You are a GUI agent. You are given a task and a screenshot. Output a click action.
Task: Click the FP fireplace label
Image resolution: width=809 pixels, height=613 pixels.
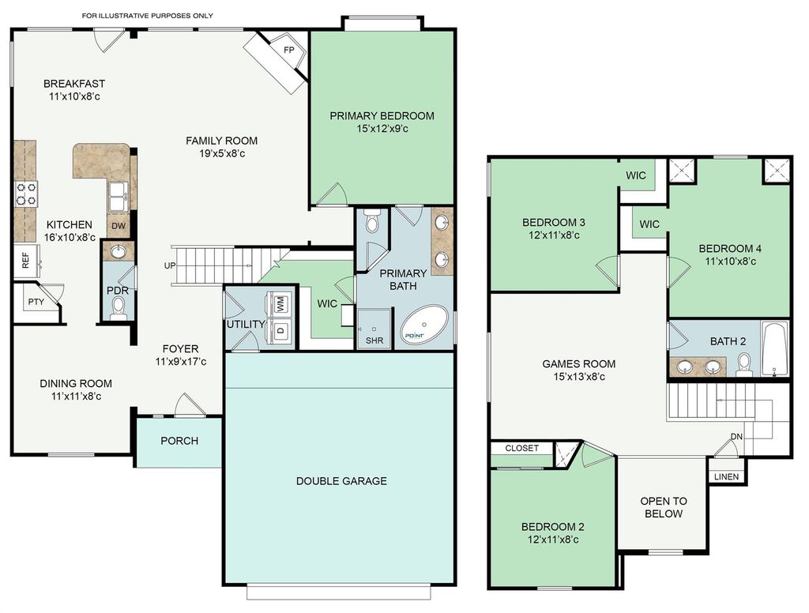pos(289,50)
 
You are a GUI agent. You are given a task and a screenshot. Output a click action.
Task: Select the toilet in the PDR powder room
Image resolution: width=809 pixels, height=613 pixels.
pos(119,307)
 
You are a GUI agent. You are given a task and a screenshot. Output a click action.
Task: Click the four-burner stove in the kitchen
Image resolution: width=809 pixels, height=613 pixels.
pos(26,194)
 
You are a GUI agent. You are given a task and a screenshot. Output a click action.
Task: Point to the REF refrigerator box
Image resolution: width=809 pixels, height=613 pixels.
pos(26,261)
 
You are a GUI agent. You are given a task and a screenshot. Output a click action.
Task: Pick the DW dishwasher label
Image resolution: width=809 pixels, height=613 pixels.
pos(119,225)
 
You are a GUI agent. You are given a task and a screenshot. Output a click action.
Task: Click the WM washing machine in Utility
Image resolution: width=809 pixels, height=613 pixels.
pos(280,304)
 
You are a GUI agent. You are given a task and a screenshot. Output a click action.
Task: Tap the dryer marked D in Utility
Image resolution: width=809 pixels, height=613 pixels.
pos(280,330)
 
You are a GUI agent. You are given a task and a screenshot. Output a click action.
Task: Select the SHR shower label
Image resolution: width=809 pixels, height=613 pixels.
pos(374,340)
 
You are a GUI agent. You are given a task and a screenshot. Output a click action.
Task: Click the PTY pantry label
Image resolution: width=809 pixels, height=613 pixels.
pos(36,302)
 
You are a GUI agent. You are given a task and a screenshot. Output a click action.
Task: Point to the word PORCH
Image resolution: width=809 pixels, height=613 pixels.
pos(179,441)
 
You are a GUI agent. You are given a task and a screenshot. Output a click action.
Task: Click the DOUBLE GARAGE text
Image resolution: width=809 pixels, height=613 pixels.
pos(341,481)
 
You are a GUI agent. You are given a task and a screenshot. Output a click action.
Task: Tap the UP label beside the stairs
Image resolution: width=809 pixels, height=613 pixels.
pos(170,265)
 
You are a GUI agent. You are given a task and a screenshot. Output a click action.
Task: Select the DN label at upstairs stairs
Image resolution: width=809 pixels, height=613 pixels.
pos(736,437)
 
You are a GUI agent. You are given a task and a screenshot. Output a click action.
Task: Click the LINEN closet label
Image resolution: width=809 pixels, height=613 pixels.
pos(727,477)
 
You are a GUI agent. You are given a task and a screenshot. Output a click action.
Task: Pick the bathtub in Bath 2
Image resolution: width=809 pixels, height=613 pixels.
pos(775,349)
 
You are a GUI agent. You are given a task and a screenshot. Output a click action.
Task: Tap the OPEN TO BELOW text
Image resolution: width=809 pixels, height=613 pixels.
pos(664,507)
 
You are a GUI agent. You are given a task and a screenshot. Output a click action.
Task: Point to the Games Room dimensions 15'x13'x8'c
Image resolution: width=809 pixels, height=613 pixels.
pos(579,377)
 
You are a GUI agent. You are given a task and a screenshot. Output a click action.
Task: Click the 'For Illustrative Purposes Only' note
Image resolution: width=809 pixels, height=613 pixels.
pos(148,16)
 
